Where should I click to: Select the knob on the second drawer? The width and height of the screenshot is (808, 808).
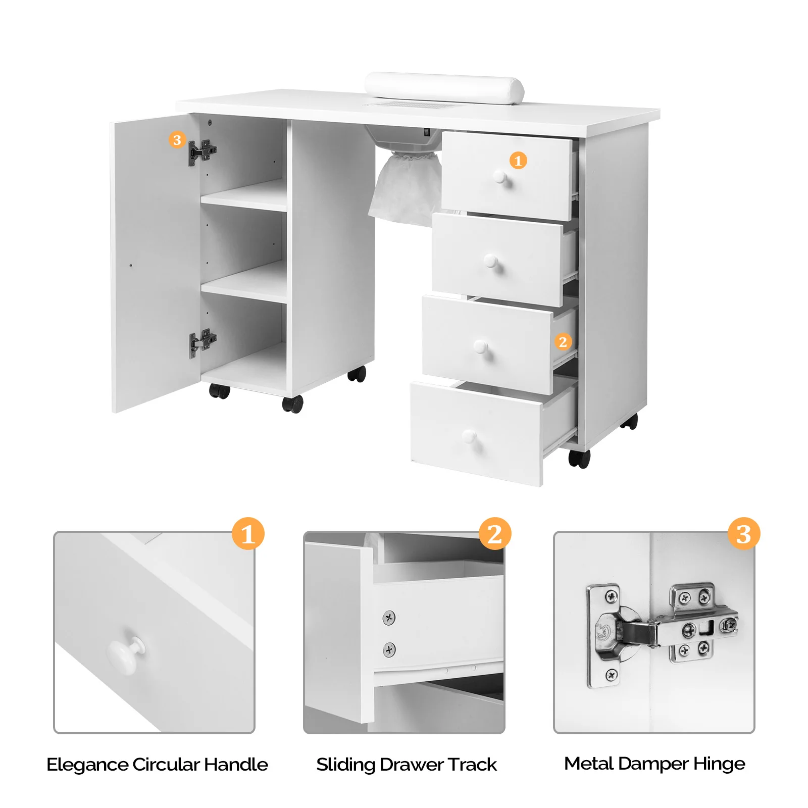point(491,261)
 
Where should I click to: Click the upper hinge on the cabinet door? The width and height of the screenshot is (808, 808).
point(202,151)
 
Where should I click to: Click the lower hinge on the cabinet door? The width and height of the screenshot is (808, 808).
point(202,342)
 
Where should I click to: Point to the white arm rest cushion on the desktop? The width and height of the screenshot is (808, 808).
point(444,88)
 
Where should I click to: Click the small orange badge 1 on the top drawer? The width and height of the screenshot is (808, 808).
point(518,161)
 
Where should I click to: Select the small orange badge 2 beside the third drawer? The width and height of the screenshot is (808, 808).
point(563,342)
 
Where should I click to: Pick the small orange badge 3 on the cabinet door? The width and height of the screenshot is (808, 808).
point(177,140)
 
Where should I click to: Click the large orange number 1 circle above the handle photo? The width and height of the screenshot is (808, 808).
point(248,534)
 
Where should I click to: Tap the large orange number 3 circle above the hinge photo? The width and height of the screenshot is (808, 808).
point(743,534)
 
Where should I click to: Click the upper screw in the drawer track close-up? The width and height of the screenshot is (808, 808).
point(389,617)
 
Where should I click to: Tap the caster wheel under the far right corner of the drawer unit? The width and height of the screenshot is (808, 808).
point(629,421)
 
